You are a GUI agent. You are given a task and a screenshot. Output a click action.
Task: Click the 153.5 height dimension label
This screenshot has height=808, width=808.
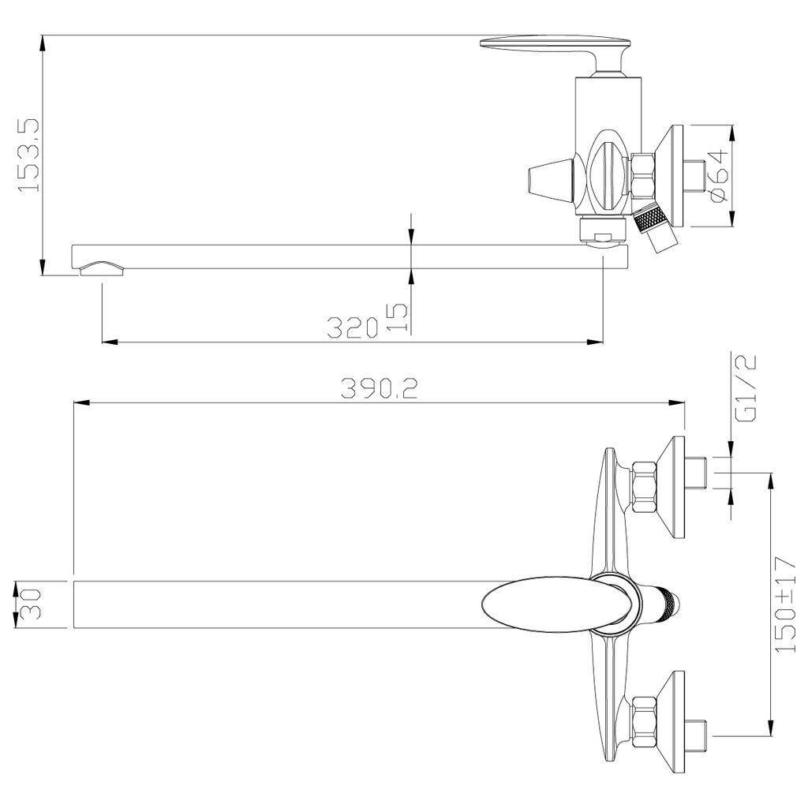[29, 155]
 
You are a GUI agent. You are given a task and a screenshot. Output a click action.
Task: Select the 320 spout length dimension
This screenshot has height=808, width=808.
[353, 327]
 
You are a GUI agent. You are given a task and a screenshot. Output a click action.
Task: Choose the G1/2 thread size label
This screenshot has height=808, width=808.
[746, 387]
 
